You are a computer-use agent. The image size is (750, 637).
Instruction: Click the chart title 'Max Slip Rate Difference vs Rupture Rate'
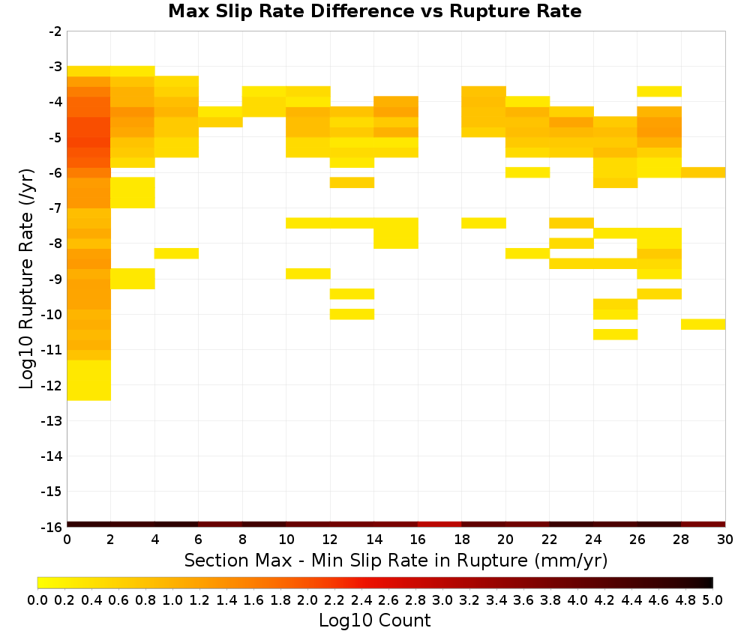pos(374,11)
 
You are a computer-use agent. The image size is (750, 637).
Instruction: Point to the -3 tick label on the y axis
pos(55,67)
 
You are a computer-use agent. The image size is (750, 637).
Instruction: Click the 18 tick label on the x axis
pos(461,540)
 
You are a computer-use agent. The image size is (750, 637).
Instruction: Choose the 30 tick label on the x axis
pos(725,540)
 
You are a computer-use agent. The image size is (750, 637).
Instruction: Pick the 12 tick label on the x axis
pos(330,540)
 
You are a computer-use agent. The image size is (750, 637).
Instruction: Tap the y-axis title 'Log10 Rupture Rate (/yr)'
pos(26,279)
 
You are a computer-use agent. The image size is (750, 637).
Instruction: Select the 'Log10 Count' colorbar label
pos(374,621)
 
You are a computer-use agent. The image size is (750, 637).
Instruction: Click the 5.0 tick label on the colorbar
pos(712,600)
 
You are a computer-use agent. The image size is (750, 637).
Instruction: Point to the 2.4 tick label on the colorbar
pos(361,600)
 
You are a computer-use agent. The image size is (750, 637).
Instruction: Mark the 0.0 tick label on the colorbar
pos(37,600)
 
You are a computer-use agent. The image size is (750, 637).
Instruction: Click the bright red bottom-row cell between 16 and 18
pos(439,525)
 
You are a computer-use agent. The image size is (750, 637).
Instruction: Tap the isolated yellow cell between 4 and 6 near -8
pos(176,253)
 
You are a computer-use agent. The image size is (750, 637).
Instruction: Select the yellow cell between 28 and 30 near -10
pos(703,324)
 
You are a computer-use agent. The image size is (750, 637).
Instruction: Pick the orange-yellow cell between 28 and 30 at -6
pos(703,172)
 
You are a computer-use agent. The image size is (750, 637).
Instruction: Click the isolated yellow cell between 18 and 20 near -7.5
pos(484,223)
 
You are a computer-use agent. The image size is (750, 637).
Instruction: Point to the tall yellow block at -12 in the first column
pos(89,381)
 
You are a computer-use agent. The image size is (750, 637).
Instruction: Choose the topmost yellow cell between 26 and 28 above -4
pos(659,91)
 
